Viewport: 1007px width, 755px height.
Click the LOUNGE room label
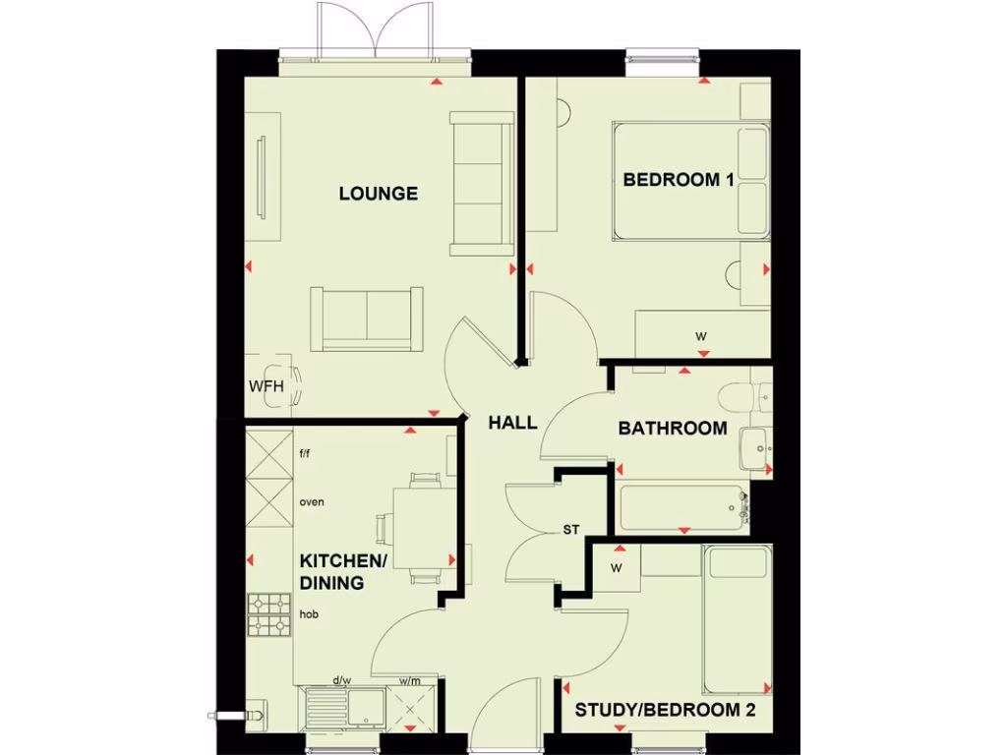coord(379,194)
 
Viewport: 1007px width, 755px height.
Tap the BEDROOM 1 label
coord(679,180)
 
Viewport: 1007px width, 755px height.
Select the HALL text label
coord(513,423)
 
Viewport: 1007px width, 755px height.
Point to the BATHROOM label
coord(673,429)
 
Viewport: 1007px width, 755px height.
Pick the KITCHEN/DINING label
coord(343,571)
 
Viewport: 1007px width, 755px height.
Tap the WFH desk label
coord(266,386)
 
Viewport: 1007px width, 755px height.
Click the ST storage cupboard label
coord(571,530)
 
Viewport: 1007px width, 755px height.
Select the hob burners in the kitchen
coord(268,615)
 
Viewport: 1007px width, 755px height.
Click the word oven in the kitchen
coord(312,502)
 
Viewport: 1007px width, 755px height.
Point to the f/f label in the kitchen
coord(305,453)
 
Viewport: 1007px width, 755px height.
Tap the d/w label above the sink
coord(342,679)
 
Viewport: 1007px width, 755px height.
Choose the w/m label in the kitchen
coord(409,679)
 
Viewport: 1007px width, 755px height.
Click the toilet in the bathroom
coord(739,397)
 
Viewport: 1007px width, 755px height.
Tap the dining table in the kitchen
coord(425,528)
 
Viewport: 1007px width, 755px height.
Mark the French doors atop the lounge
coord(374,31)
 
